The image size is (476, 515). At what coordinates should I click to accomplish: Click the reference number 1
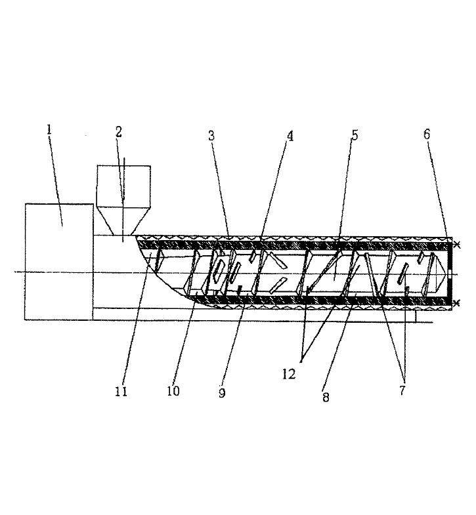49,130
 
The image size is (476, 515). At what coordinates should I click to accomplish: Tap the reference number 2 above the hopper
119,132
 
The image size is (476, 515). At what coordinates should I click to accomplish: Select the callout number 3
211,136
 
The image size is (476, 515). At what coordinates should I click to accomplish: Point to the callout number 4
290,136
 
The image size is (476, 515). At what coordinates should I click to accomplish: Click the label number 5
355,135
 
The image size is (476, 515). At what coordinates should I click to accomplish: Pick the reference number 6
427,134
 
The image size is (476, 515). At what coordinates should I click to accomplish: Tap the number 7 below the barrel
402,390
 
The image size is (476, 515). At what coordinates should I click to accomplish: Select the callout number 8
326,397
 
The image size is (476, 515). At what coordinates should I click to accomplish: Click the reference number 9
222,393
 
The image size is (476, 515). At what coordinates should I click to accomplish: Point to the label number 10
173,391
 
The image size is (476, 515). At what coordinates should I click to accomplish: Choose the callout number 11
121,391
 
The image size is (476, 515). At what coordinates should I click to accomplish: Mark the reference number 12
289,374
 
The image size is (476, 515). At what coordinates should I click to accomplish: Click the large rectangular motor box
59,262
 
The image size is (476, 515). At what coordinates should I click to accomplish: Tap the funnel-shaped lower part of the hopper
123,221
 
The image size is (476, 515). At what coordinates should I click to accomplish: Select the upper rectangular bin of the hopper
123,186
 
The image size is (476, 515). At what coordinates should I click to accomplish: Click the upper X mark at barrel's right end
456,244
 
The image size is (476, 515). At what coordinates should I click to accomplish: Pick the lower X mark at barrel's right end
456,302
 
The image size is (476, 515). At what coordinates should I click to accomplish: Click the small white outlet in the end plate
450,274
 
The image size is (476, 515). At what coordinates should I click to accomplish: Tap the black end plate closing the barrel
450,274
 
